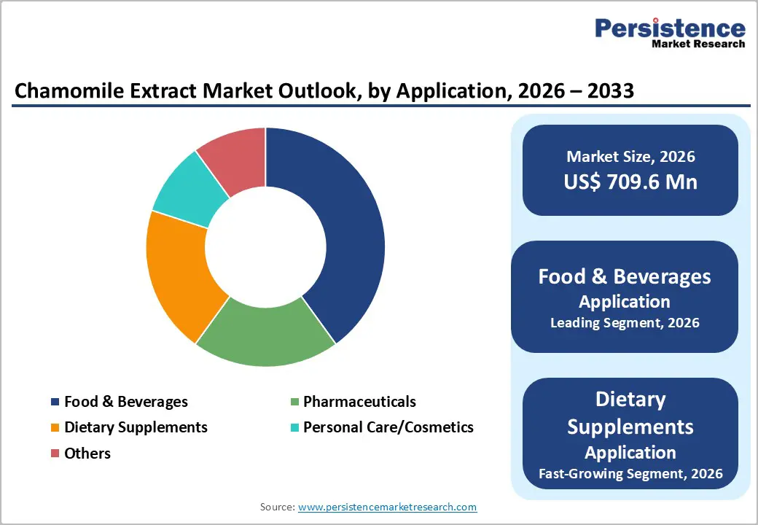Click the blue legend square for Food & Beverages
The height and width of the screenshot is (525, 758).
tap(55, 402)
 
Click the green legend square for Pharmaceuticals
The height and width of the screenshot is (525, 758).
tap(294, 402)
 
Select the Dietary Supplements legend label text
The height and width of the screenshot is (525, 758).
tap(136, 427)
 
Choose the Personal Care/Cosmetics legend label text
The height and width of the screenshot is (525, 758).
tap(388, 427)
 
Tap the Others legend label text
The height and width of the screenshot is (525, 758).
tap(87, 453)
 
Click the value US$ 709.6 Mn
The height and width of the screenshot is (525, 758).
tap(630, 182)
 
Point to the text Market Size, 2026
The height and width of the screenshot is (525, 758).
tap(630, 156)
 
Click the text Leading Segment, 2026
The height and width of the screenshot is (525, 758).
tap(625, 323)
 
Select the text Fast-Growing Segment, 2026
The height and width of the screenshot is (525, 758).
tap(630, 474)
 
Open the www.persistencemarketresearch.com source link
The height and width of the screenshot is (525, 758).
tap(387, 506)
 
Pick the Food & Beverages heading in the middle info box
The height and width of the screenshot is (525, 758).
tap(625, 276)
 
